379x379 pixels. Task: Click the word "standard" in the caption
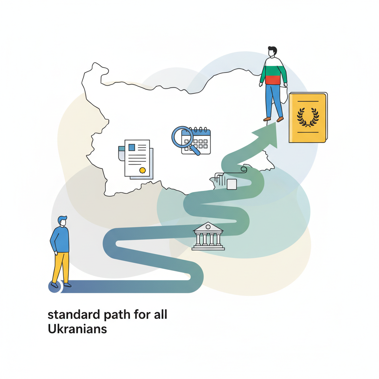click(74, 315)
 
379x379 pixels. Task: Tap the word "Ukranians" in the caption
click(77, 329)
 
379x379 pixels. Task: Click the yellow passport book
click(308, 117)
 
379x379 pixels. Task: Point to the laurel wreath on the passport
click(308, 117)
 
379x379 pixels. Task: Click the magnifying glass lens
click(182, 137)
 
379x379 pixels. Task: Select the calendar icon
click(196, 141)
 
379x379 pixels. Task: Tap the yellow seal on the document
click(142, 170)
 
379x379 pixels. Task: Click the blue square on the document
click(132, 147)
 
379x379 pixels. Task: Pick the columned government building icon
click(208, 236)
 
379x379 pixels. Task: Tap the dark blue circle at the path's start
click(55, 287)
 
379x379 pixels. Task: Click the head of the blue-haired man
click(62, 221)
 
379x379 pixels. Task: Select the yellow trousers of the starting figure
click(61, 267)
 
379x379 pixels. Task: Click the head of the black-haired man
click(272, 51)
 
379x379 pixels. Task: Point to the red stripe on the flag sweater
click(273, 80)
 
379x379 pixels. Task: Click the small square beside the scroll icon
click(232, 184)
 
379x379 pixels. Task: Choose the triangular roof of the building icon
click(208, 227)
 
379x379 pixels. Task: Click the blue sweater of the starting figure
click(60, 239)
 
